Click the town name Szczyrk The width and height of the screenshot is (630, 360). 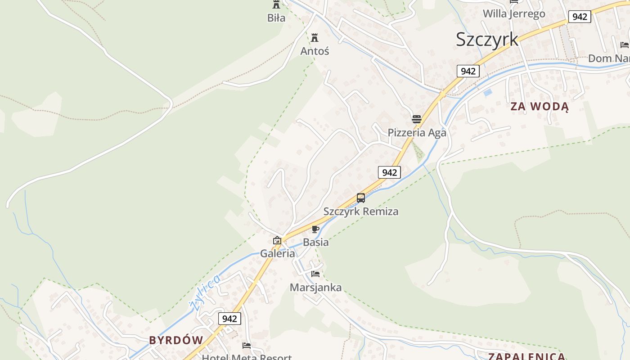[487, 39]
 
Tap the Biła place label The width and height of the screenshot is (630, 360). [276, 18]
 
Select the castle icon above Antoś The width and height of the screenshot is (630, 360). [315, 37]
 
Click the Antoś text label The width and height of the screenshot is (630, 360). [315, 51]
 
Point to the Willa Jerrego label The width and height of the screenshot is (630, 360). [514, 13]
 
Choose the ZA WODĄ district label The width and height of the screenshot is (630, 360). [540, 107]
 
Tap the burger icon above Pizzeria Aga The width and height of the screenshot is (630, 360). [417, 119]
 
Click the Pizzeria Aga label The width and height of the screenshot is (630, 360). [417, 133]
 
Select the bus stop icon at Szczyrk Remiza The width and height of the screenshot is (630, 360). [361, 198]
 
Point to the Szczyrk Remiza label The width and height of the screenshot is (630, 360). [361, 211]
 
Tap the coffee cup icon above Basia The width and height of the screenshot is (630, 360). [315, 229]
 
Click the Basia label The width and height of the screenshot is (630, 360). [315, 243]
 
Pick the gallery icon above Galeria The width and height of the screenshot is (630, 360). [277, 240]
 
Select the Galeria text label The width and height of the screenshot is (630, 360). [278, 253]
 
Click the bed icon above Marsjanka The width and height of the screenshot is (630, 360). [315, 274]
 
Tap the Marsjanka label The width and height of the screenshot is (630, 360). [315, 288]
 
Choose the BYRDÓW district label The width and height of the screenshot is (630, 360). [176, 340]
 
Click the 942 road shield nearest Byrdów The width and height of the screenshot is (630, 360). [229, 319]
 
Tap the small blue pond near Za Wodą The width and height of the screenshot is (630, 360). [488, 93]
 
